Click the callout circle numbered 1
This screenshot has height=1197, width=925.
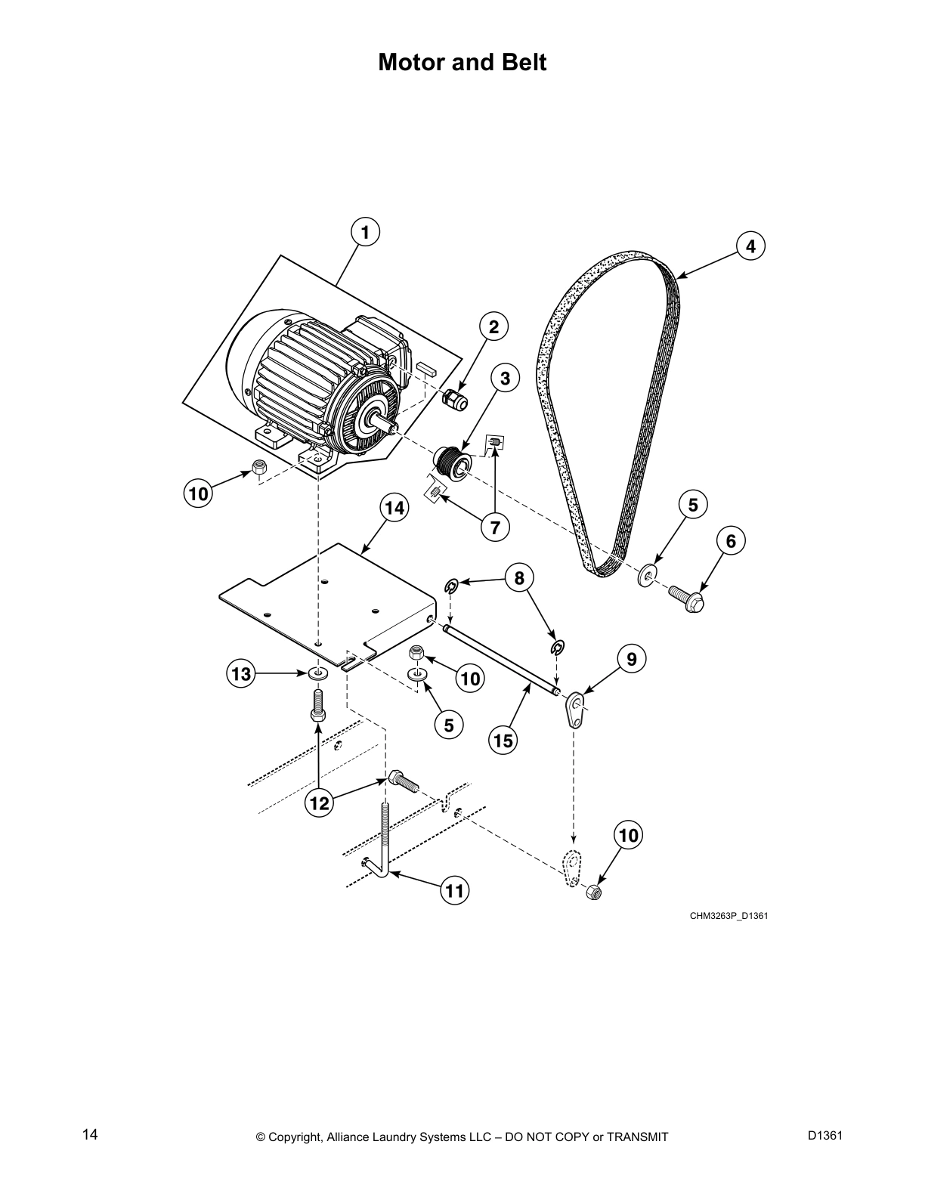point(365,233)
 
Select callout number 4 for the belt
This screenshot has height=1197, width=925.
point(750,246)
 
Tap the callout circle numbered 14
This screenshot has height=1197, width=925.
point(394,509)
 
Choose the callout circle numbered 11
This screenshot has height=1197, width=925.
point(453,891)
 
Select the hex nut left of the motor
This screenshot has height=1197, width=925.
point(258,469)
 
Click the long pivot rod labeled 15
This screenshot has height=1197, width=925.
point(501,658)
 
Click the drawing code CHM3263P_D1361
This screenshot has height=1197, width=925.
point(722,916)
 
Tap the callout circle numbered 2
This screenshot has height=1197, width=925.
point(493,327)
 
